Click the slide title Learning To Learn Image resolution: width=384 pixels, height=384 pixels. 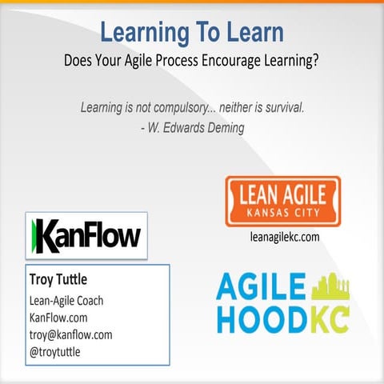[191, 33]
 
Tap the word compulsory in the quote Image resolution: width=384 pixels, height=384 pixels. [181, 106]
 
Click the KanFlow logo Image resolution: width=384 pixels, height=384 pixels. [86, 235]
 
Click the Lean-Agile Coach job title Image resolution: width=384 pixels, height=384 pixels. [66, 302]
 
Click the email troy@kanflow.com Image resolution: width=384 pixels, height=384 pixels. [70, 335]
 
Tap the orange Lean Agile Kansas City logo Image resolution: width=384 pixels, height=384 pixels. [282, 201]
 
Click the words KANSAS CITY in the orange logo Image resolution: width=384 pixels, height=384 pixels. [283, 214]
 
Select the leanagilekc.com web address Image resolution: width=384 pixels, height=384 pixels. [283, 237]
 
